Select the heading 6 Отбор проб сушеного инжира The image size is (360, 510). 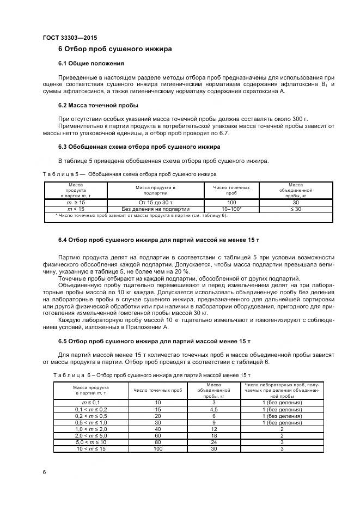tap(115, 49)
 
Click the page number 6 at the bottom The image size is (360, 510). tap(44, 472)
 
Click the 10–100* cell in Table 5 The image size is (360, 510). tap(231, 209)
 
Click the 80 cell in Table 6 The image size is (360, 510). tap(158, 442)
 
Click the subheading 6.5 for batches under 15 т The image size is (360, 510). tap(154, 341)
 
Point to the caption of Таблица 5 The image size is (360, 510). tap(129, 174)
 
